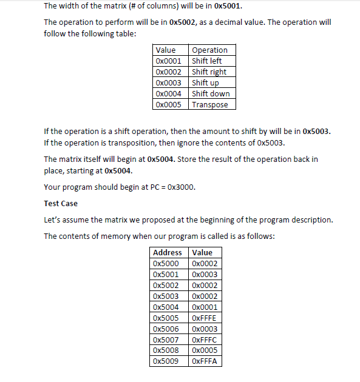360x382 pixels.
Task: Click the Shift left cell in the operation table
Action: pos(207,61)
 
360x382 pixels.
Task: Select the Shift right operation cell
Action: pos(209,72)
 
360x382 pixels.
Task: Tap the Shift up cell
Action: pos(205,82)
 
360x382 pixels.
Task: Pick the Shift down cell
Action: pos(211,93)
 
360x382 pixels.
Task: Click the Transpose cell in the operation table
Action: pos(210,104)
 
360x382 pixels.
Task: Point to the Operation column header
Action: pos(209,50)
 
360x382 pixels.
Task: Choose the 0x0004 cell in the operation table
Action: pos(168,93)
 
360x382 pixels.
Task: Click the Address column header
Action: pos(168,252)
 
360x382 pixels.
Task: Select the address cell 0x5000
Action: pos(166,263)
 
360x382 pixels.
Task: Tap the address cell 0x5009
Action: pos(166,361)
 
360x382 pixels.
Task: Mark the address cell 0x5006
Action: pos(166,329)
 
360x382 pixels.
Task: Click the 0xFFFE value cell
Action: pos(204,318)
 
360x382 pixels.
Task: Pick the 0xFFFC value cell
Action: pos(204,340)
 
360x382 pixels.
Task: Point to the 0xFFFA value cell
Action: pos(204,361)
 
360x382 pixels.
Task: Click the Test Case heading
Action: pos(61,203)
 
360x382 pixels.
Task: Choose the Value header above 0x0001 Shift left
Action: pos(166,50)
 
